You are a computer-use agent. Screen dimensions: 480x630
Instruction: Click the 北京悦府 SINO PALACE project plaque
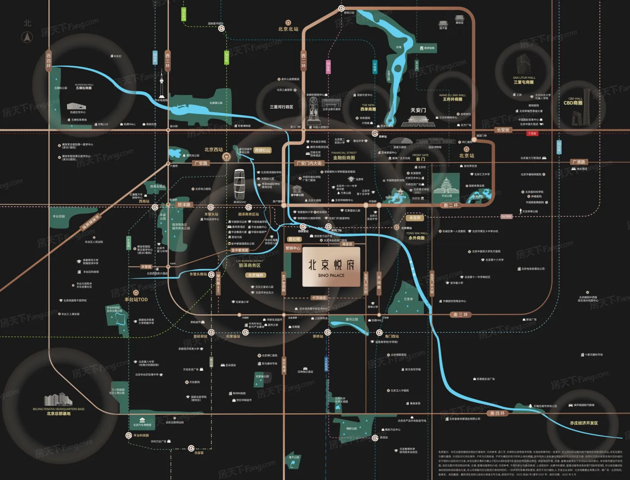[x=331, y=267]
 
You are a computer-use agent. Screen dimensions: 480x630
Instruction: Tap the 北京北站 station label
[x=288, y=29]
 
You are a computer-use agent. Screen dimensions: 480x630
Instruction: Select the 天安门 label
[x=418, y=110]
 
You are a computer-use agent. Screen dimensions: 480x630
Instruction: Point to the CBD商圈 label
[x=573, y=103]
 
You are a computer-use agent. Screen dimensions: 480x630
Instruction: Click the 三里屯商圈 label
[x=524, y=82]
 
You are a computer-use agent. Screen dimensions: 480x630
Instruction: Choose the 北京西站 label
[x=213, y=149]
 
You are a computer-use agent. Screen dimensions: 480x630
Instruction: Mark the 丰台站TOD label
[x=136, y=299]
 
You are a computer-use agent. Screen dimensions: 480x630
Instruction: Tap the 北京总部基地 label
[x=58, y=413]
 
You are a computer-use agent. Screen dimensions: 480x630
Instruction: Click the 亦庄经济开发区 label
[x=584, y=423]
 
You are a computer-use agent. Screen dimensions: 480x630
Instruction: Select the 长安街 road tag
[x=503, y=130]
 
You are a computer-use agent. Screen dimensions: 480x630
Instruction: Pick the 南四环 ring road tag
[x=497, y=413]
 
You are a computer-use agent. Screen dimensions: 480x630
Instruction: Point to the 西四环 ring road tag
[x=49, y=60]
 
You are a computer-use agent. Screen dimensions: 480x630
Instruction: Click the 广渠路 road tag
[x=579, y=162]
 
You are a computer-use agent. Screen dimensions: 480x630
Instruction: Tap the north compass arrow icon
[x=27, y=38]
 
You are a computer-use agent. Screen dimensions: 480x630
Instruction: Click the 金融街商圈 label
[x=344, y=158]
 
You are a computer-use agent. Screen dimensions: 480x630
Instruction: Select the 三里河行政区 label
[x=281, y=107]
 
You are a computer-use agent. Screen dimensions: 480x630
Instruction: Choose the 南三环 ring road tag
[x=461, y=314]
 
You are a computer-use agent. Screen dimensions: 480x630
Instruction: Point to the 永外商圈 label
[x=416, y=238]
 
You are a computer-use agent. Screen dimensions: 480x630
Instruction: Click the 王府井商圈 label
[x=452, y=99]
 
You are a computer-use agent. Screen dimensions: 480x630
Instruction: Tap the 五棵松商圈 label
[x=84, y=88]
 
